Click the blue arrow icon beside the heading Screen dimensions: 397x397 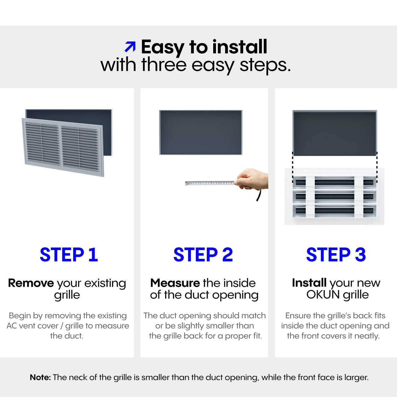[130, 46]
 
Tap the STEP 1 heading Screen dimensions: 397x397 [69, 255]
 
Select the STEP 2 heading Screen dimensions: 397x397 [203, 255]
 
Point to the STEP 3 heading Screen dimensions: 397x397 [336, 255]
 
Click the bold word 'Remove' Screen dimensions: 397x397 [31, 283]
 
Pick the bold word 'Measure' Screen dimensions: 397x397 [175, 283]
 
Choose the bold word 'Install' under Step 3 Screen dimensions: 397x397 [309, 283]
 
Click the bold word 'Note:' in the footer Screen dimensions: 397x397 [40, 377]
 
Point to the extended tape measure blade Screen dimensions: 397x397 [210, 183]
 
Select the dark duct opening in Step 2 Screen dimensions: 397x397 [201, 132]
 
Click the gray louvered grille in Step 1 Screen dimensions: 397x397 [63, 147]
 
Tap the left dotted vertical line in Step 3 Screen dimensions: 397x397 [293, 167]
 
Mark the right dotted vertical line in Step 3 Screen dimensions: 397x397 [377, 167]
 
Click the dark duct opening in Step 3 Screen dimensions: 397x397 [335, 133]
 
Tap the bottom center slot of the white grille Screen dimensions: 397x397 [334, 211]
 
